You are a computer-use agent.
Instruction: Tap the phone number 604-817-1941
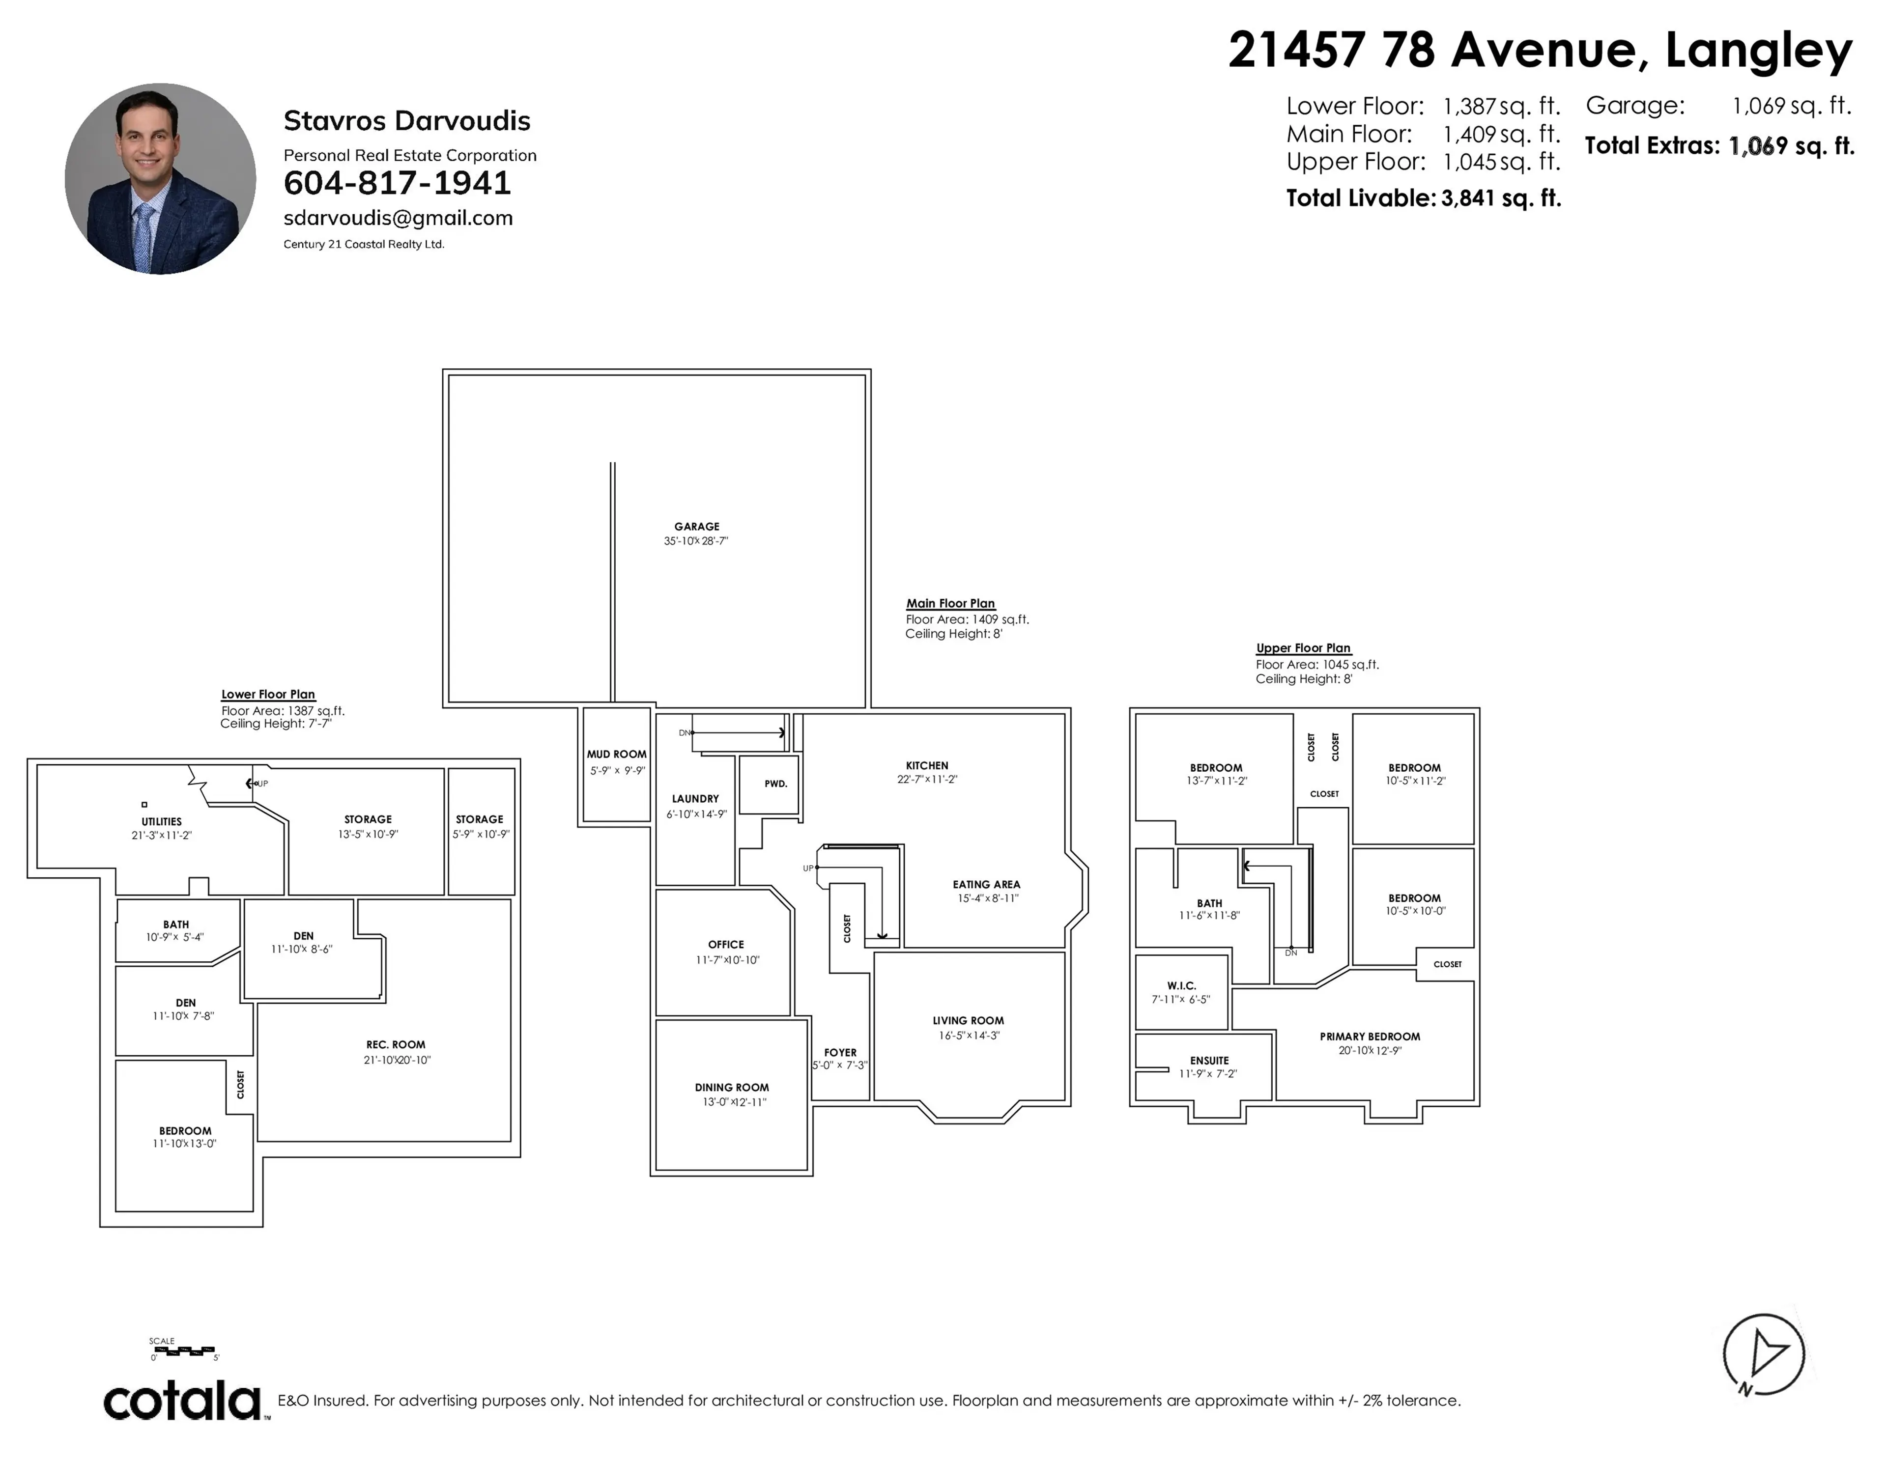[x=398, y=183]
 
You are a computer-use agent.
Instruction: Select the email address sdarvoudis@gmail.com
[x=399, y=218]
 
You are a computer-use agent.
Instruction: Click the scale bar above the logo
[x=183, y=1349]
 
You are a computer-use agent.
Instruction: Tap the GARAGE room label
[x=696, y=526]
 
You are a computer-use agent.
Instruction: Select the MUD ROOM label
[x=616, y=754]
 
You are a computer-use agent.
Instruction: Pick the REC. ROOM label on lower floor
[x=396, y=1044]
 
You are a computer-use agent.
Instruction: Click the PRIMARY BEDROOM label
[x=1370, y=1037]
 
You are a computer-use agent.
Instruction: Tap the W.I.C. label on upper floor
[x=1181, y=985]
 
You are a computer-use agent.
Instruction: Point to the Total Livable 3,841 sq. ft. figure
[x=1423, y=198]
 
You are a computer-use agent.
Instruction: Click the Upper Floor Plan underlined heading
[x=1303, y=648]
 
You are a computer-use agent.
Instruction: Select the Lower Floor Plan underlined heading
[x=268, y=695]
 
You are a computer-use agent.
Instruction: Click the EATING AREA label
[x=986, y=884]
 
